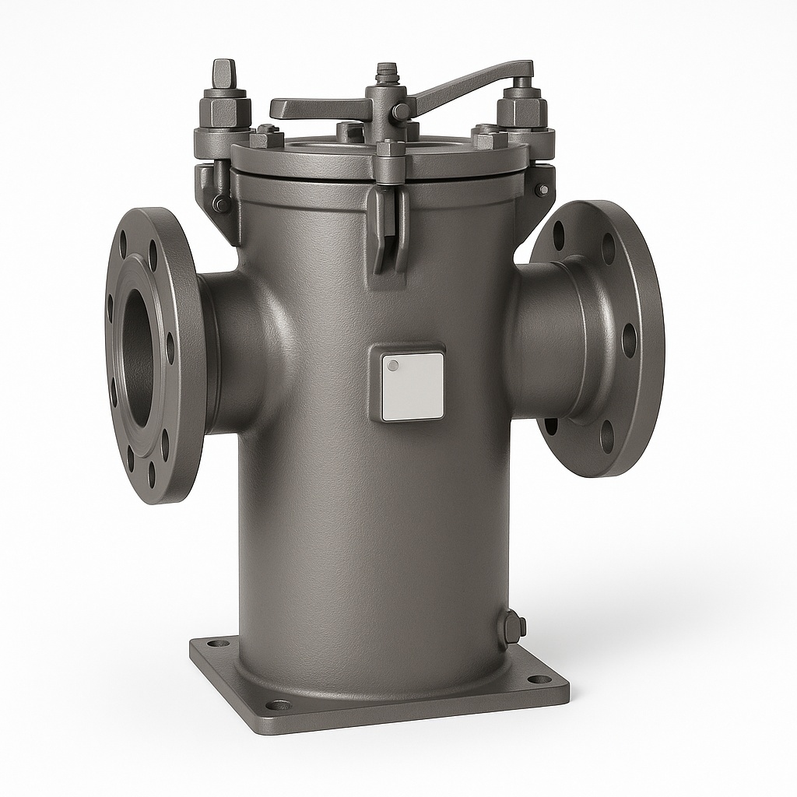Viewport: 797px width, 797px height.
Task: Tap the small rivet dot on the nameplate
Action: click(x=393, y=365)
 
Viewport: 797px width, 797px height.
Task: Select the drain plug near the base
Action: click(x=513, y=627)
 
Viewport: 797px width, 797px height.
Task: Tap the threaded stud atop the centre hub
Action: click(x=384, y=74)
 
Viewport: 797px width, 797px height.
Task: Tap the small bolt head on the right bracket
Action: click(x=542, y=190)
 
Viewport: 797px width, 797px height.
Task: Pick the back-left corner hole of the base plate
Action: click(x=219, y=644)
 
